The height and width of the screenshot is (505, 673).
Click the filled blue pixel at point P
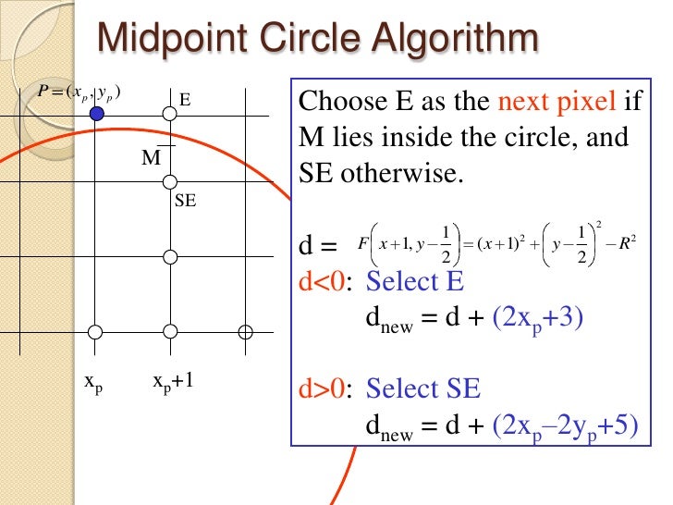[x=96, y=114]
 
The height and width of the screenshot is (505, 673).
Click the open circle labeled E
[x=169, y=114]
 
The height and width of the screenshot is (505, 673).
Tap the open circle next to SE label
[x=169, y=182]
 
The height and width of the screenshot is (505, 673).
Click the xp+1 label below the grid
[x=173, y=383]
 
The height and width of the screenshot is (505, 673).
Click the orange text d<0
[x=324, y=281]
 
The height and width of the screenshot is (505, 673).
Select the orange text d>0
[x=324, y=388]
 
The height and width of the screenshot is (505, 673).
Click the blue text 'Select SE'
[x=423, y=388]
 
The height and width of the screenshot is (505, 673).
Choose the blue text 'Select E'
[x=415, y=281]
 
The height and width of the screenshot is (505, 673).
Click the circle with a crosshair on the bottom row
[x=245, y=331]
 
